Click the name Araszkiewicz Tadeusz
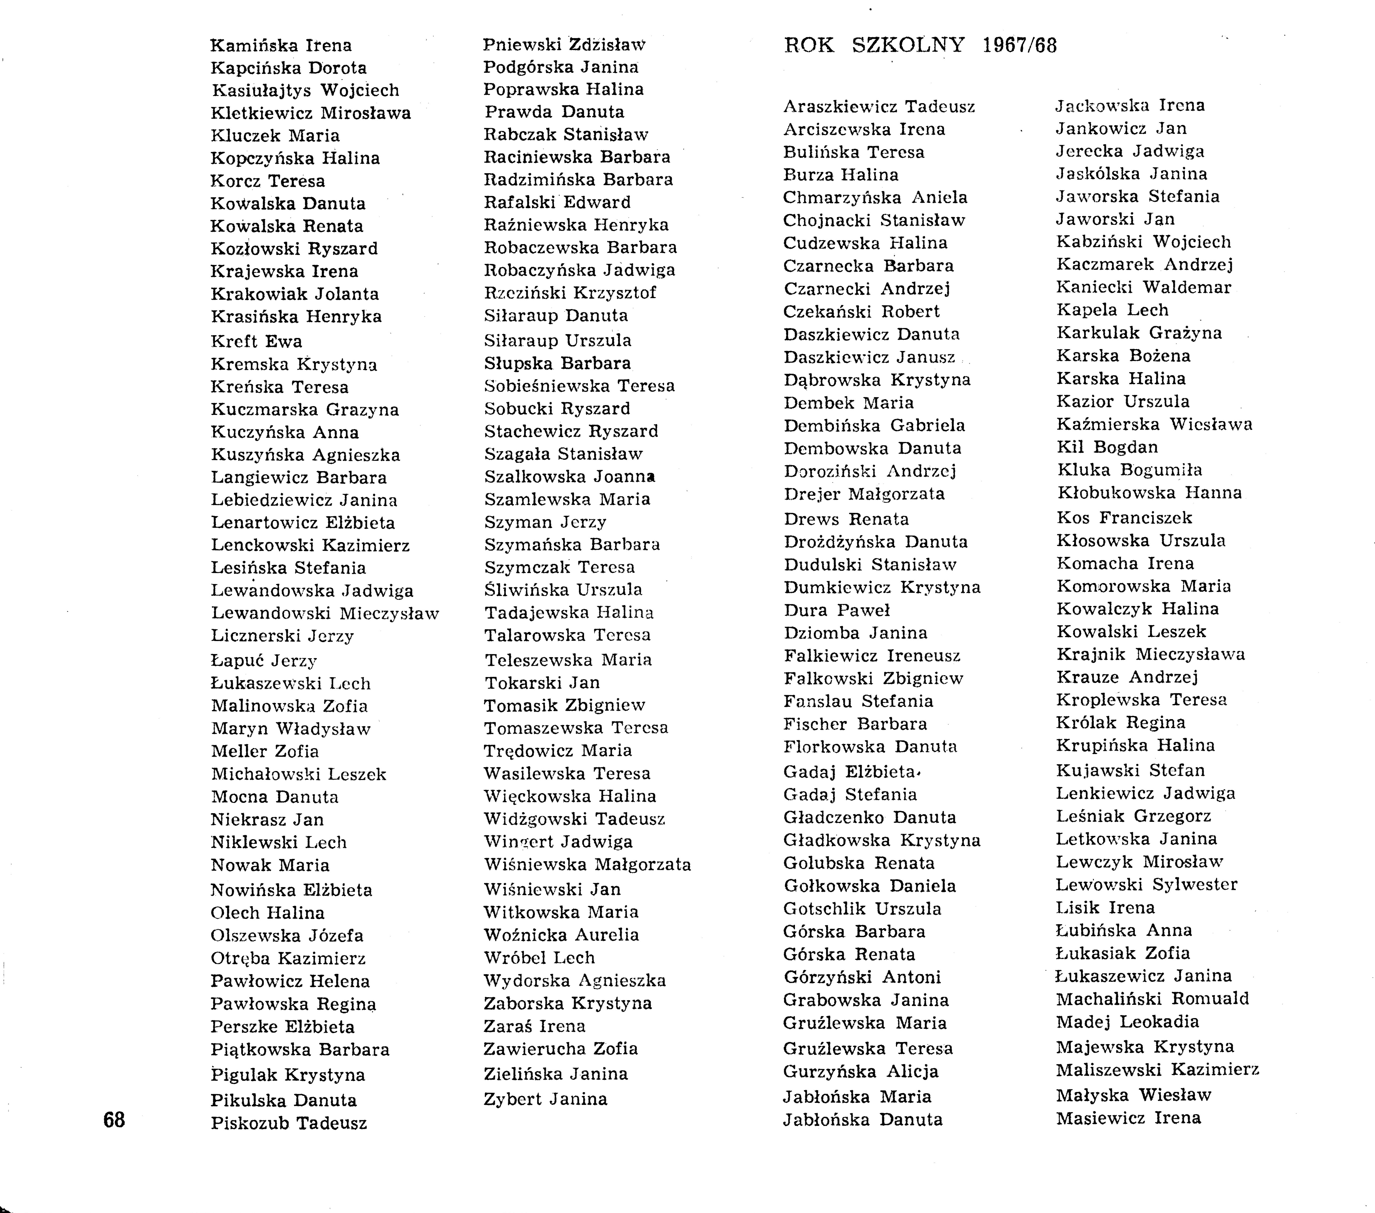[x=879, y=106]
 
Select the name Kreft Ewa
[x=256, y=341]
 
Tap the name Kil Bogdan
[x=1107, y=447]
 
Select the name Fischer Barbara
[x=855, y=724]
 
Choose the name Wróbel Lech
[x=539, y=958]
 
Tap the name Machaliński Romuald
[x=1152, y=998]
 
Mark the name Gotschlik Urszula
[x=862, y=909]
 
